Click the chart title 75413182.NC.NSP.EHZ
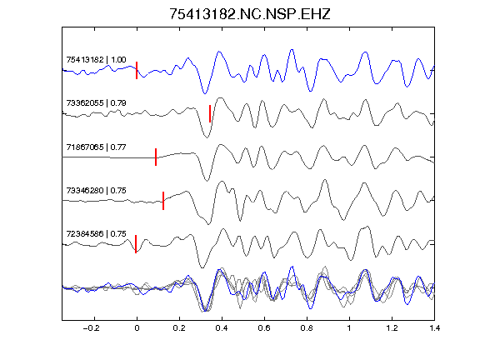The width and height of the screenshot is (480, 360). (x=250, y=14)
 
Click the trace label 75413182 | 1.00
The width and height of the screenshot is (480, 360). (x=96, y=59)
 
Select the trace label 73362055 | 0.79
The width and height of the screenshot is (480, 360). (x=96, y=102)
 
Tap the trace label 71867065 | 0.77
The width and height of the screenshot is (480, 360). (x=96, y=147)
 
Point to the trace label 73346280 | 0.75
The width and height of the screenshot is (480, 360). (x=96, y=190)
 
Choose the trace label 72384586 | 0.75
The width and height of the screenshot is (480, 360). (x=96, y=234)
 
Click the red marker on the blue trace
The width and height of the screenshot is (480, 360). (x=137, y=70)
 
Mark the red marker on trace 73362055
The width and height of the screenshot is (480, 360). (x=210, y=113)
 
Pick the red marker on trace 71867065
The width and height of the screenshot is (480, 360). (x=156, y=157)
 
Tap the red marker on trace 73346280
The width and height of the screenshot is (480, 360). (x=163, y=201)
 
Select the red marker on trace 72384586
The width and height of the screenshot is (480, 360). (x=136, y=244)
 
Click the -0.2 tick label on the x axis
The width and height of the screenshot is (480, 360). (x=92, y=328)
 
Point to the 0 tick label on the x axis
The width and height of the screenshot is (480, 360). (x=137, y=328)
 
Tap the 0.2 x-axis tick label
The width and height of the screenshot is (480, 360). (x=179, y=328)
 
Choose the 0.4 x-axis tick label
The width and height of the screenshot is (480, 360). (x=222, y=328)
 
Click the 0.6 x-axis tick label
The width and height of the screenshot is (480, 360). (x=264, y=328)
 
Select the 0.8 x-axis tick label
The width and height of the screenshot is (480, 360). (x=307, y=328)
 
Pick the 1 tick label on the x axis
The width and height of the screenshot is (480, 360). (x=349, y=328)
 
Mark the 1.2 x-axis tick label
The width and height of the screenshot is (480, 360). (x=392, y=328)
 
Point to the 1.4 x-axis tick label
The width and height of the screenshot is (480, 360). (x=434, y=328)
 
